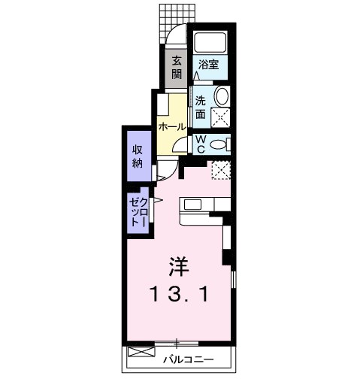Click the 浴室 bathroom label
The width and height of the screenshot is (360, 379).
[208, 65]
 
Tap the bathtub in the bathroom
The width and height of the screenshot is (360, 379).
[210, 43]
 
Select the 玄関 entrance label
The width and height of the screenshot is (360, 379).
[176, 68]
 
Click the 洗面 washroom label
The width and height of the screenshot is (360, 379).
[201, 107]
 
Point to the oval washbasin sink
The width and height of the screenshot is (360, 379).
[222, 96]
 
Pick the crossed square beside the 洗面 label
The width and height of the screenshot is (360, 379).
[221, 117]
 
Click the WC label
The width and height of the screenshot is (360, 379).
[201, 143]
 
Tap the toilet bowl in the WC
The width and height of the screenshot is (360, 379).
[219, 144]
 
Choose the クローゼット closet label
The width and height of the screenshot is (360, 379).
[138, 212]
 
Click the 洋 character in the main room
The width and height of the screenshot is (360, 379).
[177, 266]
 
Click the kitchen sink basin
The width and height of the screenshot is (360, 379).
[191, 205]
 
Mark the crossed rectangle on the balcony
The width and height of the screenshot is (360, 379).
[140, 352]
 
